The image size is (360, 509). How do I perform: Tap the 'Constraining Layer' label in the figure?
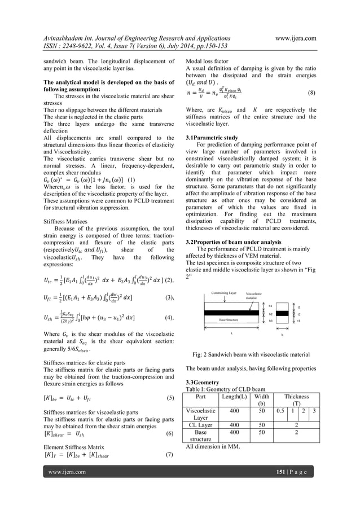pyautogui.click(x=223, y=292)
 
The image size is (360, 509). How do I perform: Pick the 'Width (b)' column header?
pyautogui.click(x=262, y=400)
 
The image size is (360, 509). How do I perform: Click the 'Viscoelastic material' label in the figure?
pyautogui.click(x=255, y=296)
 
